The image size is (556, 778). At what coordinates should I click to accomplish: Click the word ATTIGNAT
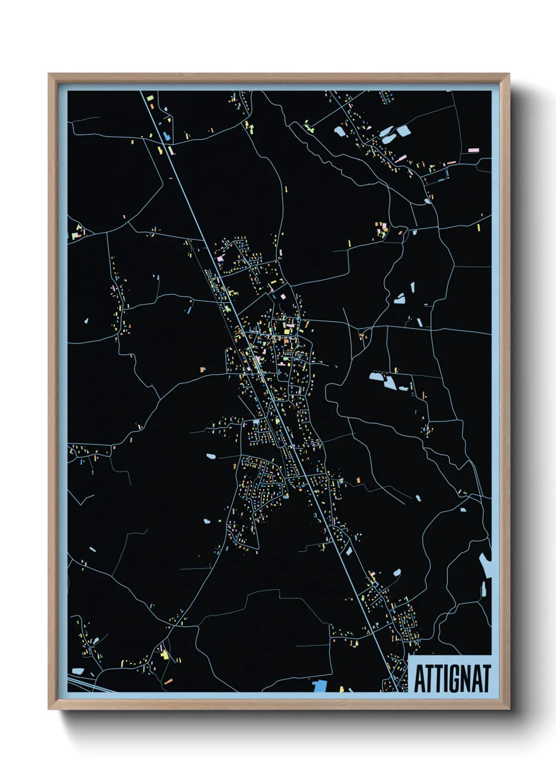tap(452, 678)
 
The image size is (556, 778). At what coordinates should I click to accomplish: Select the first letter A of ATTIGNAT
tap(420, 678)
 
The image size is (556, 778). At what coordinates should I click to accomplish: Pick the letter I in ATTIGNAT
tap(445, 678)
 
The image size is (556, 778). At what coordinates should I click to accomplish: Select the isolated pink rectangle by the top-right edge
tap(472, 150)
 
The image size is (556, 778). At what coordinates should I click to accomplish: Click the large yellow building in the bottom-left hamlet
tap(164, 654)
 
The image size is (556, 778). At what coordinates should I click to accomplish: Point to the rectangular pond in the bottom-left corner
tap(78, 671)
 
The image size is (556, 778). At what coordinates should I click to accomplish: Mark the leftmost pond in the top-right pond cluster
tap(339, 130)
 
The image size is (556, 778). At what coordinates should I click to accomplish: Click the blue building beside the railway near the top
tap(167, 136)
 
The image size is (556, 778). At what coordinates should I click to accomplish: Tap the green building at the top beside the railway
tap(149, 98)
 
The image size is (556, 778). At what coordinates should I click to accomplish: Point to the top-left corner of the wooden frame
tap(49, 75)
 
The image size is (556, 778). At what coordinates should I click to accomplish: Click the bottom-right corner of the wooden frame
tap(509, 708)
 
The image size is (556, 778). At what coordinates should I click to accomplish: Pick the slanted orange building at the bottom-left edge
tap(168, 681)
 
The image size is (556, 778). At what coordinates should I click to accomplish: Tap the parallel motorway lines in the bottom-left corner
tap(84, 685)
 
